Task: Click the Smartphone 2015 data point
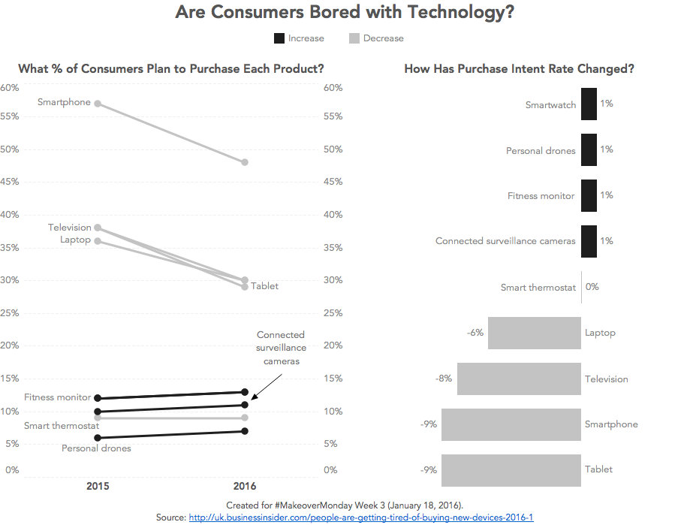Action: pyautogui.click(x=98, y=104)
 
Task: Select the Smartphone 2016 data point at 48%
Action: pyautogui.click(x=245, y=162)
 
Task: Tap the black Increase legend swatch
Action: pyautogui.click(x=279, y=38)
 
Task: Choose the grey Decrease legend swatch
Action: pyautogui.click(x=354, y=38)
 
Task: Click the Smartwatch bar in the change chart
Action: pyautogui.click(x=589, y=104)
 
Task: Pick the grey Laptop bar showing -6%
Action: pyautogui.click(x=535, y=333)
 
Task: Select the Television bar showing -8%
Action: pyautogui.click(x=519, y=379)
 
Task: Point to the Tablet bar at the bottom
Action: pyautogui.click(x=511, y=469)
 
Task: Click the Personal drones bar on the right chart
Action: pyautogui.click(x=589, y=150)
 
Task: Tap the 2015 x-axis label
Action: pyautogui.click(x=98, y=486)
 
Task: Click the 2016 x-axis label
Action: pyautogui.click(x=245, y=486)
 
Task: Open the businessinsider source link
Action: pyautogui.click(x=360, y=517)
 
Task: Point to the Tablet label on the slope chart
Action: pyautogui.click(x=264, y=286)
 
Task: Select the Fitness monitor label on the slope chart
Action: pyautogui.click(x=57, y=397)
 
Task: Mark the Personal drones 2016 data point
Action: pyautogui.click(x=245, y=431)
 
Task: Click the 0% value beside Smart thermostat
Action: pyautogui.click(x=592, y=287)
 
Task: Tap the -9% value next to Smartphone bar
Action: pyautogui.click(x=429, y=424)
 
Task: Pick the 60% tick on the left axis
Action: pyautogui.click(x=10, y=88)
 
